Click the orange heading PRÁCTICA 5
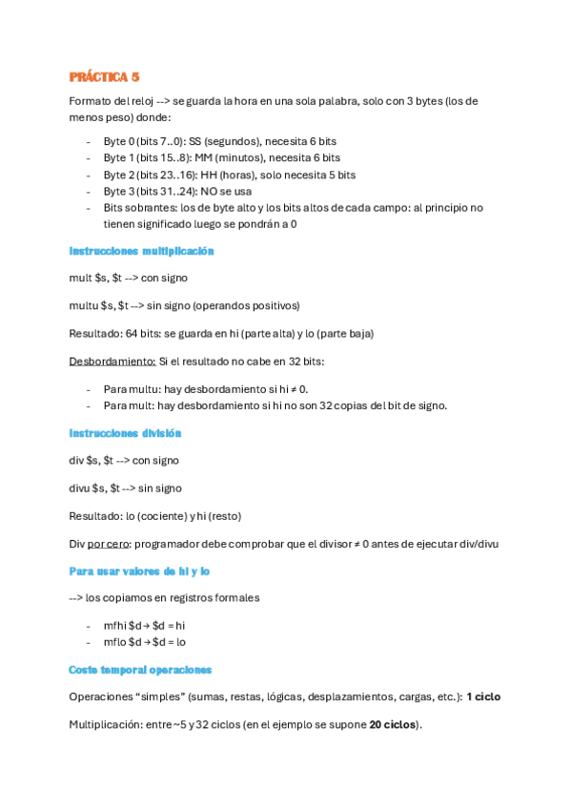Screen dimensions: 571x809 (105, 76)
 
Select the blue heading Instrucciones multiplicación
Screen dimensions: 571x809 (141, 251)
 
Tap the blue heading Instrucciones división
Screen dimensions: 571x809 (125, 433)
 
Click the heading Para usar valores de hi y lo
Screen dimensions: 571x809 (139, 570)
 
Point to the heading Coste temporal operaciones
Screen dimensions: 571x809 (140, 670)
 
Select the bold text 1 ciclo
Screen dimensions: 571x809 (483, 697)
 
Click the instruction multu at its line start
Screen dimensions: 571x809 (84, 305)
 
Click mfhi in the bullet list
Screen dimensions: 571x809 (115, 625)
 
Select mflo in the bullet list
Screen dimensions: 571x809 (115, 642)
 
